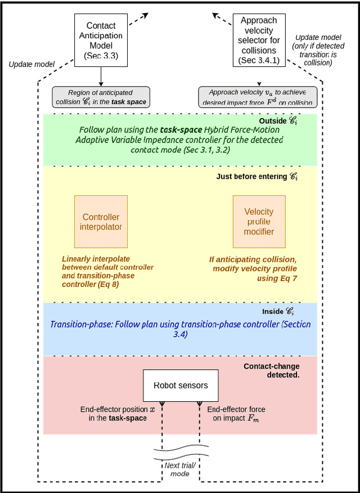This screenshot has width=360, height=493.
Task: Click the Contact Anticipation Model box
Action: click(x=101, y=41)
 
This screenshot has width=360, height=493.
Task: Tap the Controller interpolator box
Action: click(x=101, y=222)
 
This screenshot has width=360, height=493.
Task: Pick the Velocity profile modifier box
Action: click(x=259, y=222)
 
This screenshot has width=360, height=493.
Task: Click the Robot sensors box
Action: click(x=181, y=386)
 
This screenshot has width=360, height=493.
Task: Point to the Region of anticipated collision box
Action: click(x=101, y=97)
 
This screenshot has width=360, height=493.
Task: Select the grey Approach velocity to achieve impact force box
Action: click(x=258, y=97)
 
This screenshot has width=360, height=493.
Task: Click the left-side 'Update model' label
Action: click(x=31, y=64)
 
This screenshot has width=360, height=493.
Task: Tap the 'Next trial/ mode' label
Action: click(x=181, y=469)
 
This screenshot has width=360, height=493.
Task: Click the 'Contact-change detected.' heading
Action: click(x=271, y=370)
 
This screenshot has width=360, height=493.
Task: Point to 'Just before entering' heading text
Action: click(x=256, y=177)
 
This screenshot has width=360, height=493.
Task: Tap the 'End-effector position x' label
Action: click(x=116, y=414)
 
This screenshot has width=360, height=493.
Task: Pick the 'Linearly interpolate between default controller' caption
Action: click(x=107, y=272)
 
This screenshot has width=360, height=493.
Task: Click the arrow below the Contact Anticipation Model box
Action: click(x=101, y=77)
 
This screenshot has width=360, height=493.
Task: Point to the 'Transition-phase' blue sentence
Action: click(x=180, y=329)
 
